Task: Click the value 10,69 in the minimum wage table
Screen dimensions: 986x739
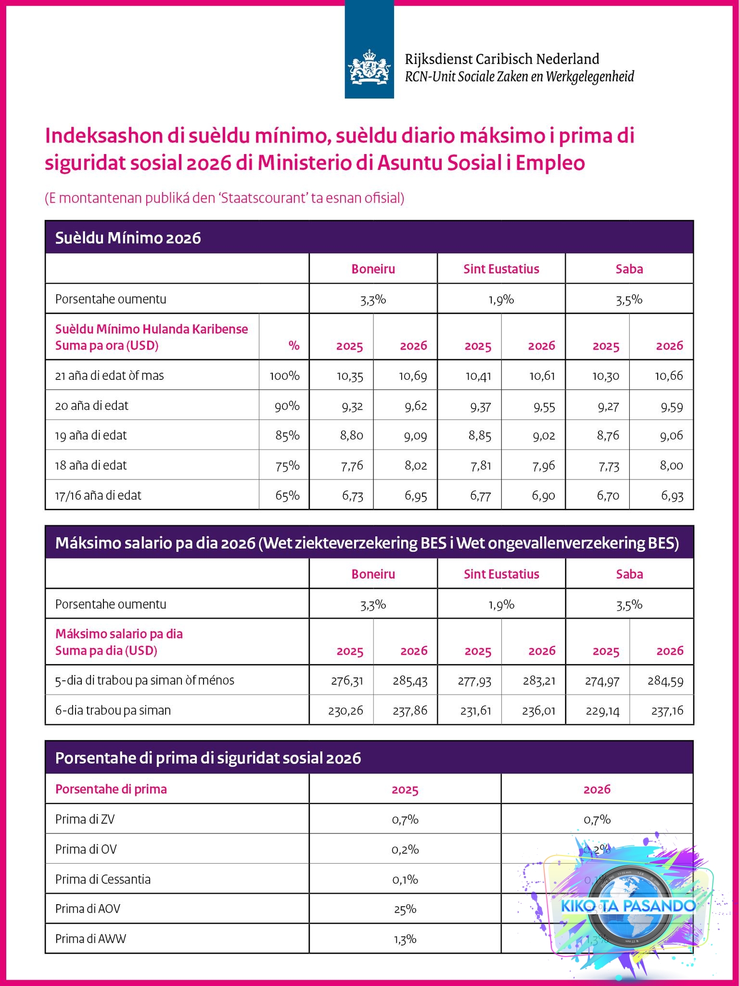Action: (x=413, y=376)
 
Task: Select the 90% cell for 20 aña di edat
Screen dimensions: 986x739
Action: (x=287, y=406)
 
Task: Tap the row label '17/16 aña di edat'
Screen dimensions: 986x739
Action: (x=98, y=495)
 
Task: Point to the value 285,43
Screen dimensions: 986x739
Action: (x=411, y=681)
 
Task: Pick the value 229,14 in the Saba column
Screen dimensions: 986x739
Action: (x=601, y=711)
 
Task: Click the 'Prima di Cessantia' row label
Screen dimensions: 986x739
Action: (x=103, y=880)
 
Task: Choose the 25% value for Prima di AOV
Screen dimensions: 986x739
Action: (x=405, y=909)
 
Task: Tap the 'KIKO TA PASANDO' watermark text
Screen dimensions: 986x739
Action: (x=628, y=906)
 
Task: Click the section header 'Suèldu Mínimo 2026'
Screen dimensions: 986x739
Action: (x=128, y=238)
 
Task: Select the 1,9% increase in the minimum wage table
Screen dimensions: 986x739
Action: (x=501, y=299)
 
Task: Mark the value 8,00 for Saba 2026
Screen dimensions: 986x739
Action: (x=671, y=466)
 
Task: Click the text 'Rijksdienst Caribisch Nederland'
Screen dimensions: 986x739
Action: (x=502, y=59)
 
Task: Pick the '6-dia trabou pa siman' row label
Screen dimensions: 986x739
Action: (x=113, y=711)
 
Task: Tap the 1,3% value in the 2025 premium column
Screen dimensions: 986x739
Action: (x=405, y=939)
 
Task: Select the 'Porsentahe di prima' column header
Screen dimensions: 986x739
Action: (x=111, y=790)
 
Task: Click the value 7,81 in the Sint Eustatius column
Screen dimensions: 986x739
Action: (x=480, y=466)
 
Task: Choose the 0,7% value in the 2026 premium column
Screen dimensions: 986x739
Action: (x=597, y=819)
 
